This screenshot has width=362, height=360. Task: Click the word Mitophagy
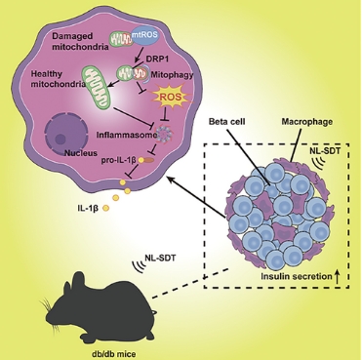[172, 75]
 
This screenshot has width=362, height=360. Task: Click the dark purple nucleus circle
[66, 135]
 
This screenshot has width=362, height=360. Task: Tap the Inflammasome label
[126, 136]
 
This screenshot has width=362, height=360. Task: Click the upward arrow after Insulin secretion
[337, 277]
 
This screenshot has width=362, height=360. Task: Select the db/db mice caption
[109, 353]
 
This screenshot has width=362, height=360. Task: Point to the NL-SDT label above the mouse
[160, 259]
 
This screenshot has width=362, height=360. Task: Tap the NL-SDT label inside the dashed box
[329, 150]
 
